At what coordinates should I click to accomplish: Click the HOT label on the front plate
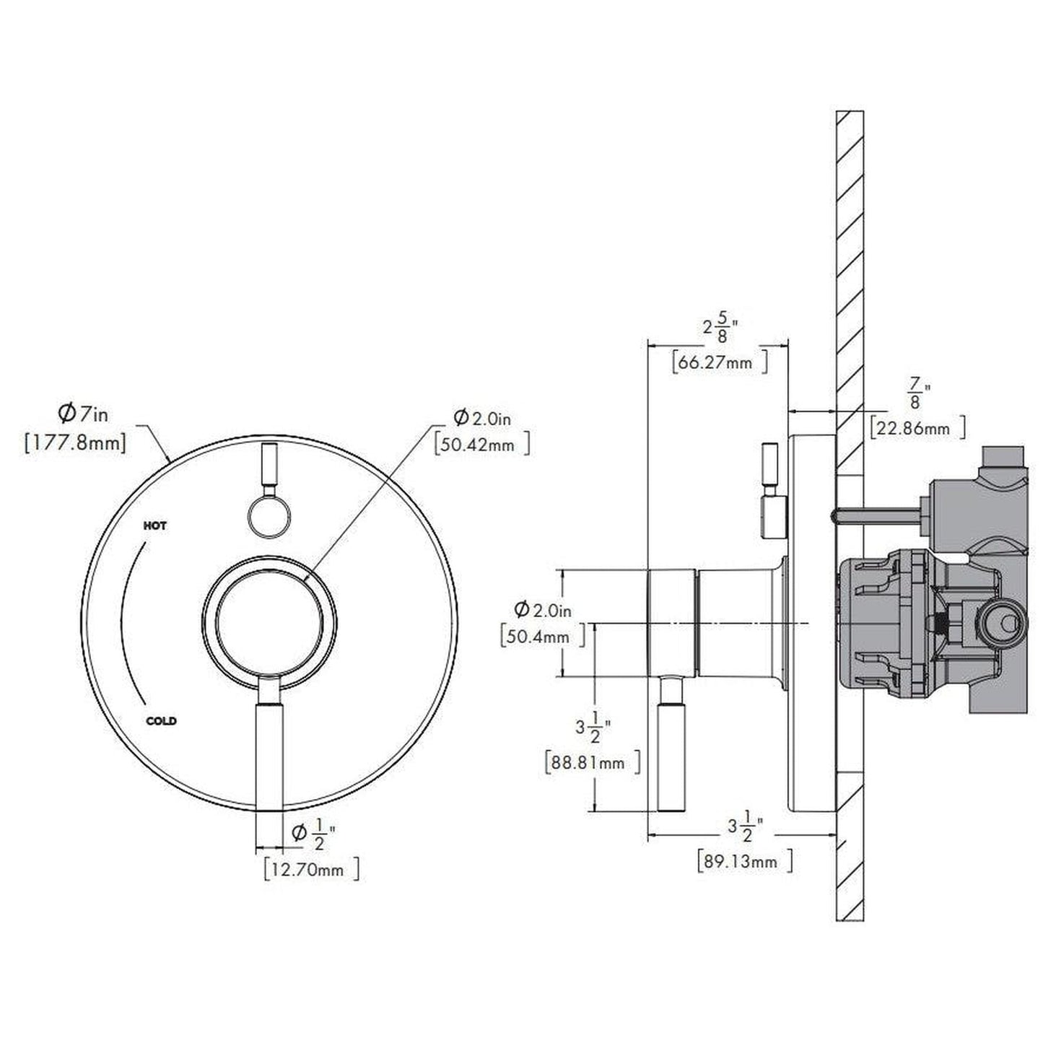[x=155, y=525]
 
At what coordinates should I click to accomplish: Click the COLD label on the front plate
[x=161, y=720]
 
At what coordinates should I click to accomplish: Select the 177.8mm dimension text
[x=75, y=442]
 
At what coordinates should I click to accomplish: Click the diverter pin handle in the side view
[x=769, y=491]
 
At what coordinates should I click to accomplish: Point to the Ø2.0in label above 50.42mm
[x=481, y=417]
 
